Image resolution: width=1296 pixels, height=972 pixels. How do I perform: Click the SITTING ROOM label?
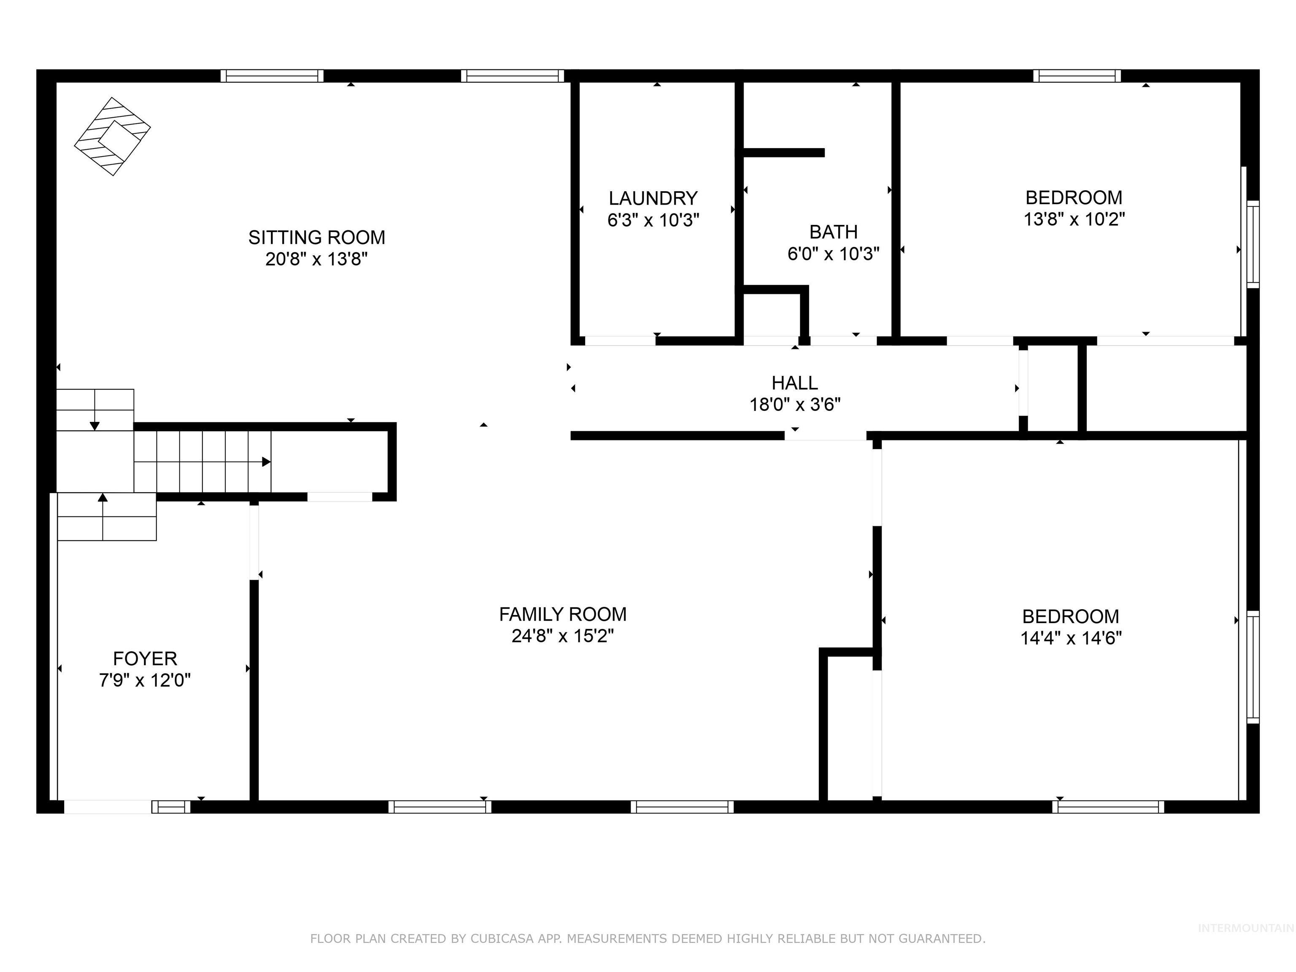[316, 237]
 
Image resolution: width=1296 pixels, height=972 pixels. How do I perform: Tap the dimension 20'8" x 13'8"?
[316, 259]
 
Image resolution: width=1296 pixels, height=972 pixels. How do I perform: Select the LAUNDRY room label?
[653, 198]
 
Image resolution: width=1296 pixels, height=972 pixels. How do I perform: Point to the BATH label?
[833, 232]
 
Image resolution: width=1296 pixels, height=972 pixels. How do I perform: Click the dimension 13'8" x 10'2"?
[1074, 219]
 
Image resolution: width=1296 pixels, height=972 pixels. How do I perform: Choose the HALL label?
[794, 383]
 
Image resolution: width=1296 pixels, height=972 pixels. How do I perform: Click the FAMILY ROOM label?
[562, 614]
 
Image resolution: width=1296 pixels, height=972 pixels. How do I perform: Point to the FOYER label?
[145, 659]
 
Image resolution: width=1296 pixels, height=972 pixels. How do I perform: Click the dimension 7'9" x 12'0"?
[145, 680]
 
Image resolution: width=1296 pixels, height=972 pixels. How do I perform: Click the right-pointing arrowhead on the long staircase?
[267, 462]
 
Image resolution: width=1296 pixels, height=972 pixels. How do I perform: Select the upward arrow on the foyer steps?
[103, 498]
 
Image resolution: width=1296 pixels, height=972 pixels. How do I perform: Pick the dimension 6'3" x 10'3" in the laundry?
[653, 220]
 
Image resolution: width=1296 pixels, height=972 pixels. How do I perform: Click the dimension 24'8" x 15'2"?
[562, 636]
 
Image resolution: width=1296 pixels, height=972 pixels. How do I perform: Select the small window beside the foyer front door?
[171, 807]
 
